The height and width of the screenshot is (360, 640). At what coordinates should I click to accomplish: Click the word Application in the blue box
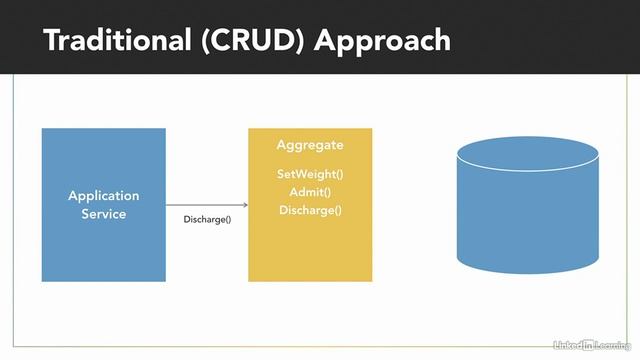click(x=103, y=196)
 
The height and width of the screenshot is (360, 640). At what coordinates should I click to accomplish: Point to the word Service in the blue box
click(x=103, y=214)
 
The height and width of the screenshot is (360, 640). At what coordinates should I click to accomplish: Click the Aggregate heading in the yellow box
click(x=310, y=146)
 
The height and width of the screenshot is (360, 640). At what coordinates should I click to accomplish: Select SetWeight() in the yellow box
click(x=310, y=174)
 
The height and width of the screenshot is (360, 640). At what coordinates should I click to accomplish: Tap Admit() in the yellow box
click(x=310, y=192)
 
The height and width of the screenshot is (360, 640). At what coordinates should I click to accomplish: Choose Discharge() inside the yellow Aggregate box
click(x=310, y=210)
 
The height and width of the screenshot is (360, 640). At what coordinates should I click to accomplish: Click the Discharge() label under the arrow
click(x=207, y=219)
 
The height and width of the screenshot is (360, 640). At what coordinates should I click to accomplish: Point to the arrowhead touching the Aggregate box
click(x=244, y=205)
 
